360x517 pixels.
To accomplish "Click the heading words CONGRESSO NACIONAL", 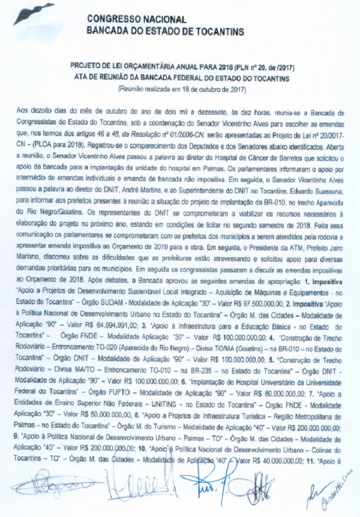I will click(136, 20).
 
